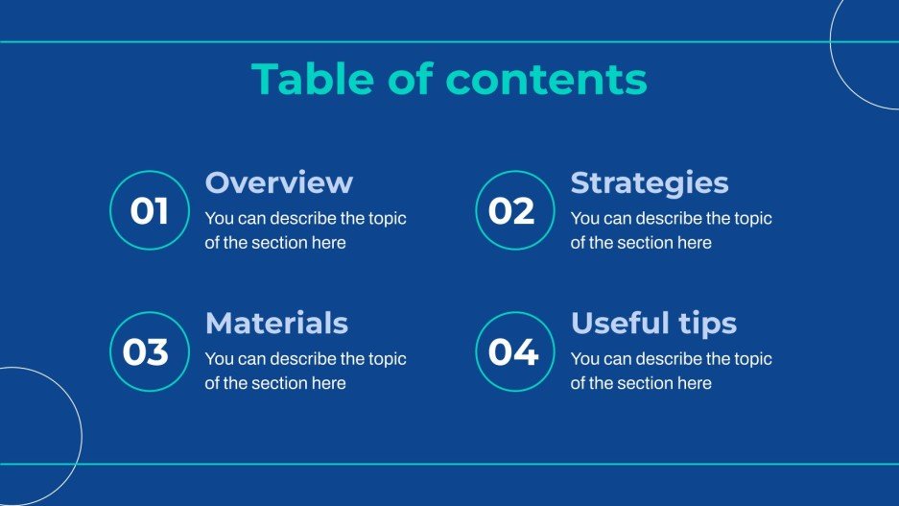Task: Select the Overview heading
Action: [x=279, y=182]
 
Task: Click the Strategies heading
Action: [x=650, y=182]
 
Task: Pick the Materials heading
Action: [x=276, y=323]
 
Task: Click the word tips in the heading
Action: [x=709, y=324]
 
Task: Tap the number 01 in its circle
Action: [x=149, y=211]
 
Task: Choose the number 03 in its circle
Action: [x=146, y=352]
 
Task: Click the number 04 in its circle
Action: [x=513, y=352]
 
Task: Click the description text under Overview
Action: [x=305, y=230]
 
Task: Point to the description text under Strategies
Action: [x=671, y=230]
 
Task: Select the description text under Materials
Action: [x=305, y=371]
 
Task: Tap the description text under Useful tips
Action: [x=671, y=371]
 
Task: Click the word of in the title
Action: [x=413, y=80]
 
